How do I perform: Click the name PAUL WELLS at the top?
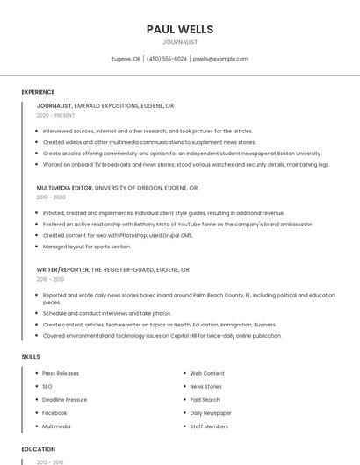(x=180, y=30)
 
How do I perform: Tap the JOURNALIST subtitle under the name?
(x=180, y=42)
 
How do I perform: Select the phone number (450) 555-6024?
(x=167, y=59)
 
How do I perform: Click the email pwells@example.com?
(x=220, y=59)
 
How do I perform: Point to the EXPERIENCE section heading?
(x=38, y=92)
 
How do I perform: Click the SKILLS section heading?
(x=31, y=357)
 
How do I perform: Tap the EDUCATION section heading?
(x=39, y=449)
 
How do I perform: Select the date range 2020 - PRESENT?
(x=55, y=116)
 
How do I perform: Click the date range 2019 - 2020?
(x=51, y=197)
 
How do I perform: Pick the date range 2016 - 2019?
(x=51, y=280)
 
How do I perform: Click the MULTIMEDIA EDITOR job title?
(x=64, y=188)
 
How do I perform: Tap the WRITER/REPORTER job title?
(x=62, y=270)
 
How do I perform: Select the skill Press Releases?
(x=61, y=373)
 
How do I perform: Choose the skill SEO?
(x=47, y=386)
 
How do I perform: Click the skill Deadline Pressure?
(x=65, y=399)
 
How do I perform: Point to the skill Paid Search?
(x=205, y=399)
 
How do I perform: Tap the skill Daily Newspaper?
(x=211, y=412)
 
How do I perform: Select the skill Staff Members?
(x=209, y=426)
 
